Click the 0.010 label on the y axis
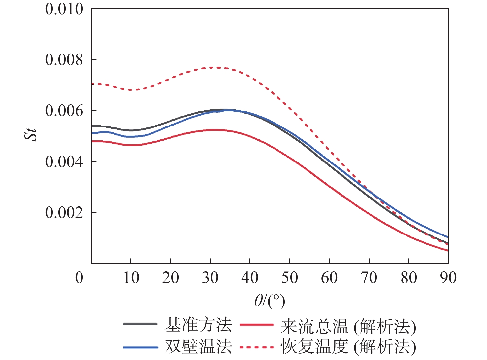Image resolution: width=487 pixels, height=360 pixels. pos(64,9)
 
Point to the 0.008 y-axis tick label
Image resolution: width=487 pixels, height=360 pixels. pos(64,60)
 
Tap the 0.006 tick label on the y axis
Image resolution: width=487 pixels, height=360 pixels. pos(64,111)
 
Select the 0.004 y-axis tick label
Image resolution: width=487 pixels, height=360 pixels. pos(64,162)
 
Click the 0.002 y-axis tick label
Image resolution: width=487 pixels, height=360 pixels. pos(64,212)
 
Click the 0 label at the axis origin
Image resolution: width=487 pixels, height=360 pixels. pos(79,278)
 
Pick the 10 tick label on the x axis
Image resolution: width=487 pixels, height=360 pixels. pos(131,278)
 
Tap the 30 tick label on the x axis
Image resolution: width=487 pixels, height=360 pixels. pos(210,278)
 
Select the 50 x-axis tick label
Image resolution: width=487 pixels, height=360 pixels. pos(290,278)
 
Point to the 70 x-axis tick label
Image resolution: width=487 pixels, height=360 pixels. pos(369,278)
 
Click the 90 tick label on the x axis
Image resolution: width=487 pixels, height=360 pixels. pos(448,278)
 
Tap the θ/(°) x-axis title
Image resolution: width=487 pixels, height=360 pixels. pos(270,301)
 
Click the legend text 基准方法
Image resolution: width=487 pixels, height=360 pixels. pos(198,325)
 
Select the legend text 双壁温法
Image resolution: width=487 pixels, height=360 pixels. pos(198,346)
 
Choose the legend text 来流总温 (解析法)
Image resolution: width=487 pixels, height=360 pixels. pos(348,327)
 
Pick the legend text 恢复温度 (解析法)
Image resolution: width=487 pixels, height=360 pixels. pos(348,347)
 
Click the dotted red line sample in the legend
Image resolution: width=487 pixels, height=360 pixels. pos(256,347)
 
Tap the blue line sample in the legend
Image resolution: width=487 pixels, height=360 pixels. pos(141,347)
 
